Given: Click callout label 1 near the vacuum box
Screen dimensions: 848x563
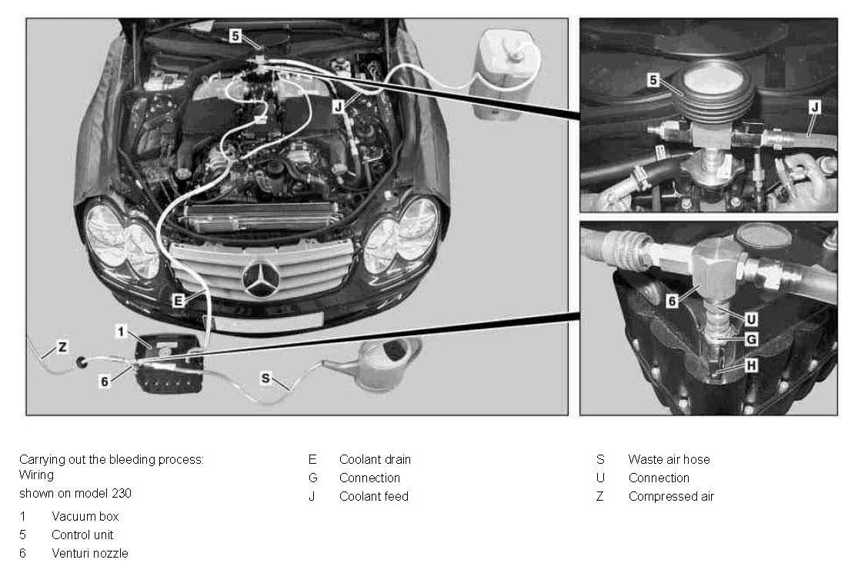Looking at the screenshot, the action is pyautogui.click(x=121, y=331).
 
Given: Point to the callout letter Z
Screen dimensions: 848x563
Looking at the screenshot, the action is pyautogui.click(x=62, y=347).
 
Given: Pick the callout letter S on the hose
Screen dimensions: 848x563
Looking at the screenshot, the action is pyautogui.click(x=265, y=378).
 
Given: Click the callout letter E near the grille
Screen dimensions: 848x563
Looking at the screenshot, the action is pyautogui.click(x=178, y=301).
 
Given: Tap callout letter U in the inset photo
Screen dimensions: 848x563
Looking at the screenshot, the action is pyautogui.click(x=750, y=319).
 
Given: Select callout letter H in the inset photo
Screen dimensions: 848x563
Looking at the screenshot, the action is pyautogui.click(x=750, y=366).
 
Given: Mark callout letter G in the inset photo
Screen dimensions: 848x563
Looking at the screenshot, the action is pyautogui.click(x=750, y=340).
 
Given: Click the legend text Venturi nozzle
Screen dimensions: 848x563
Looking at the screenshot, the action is pyautogui.click(x=90, y=553).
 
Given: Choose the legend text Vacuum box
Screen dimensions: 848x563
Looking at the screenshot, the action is pyautogui.click(x=85, y=517).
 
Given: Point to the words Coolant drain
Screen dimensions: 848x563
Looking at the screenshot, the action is pyautogui.click(x=375, y=460).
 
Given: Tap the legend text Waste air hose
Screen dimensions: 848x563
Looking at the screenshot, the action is pyautogui.click(x=669, y=460).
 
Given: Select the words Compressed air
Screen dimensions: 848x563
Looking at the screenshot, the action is pyautogui.click(x=671, y=497).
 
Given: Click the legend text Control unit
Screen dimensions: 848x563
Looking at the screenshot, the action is pyautogui.click(x=82, y=535).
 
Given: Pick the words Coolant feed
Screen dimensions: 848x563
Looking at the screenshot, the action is pyautogui.click(x=374, y=497).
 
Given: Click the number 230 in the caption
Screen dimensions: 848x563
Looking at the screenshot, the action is pyautogui.click(x=122, y=493).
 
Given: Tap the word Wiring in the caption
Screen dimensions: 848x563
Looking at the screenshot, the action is pyautogui.click(x=36, y=475).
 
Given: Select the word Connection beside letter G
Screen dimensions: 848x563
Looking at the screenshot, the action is pyautogui.click(x=369, y=478).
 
